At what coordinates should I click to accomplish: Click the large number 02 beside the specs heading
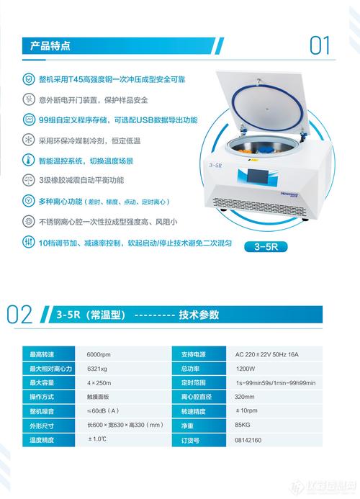tap(19, 315)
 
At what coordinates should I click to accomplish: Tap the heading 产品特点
tap(44, 46)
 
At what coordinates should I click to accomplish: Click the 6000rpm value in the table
tap(100, 354)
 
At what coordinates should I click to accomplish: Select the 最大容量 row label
tap(42, 382)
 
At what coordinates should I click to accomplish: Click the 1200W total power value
tap(246, 368)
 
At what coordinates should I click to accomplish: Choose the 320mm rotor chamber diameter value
tap(246, 396)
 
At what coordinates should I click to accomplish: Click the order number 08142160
tap(249, 438)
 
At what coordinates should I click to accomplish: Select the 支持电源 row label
tap(193, 354)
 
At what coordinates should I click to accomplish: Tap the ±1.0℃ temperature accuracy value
tap(98, 438)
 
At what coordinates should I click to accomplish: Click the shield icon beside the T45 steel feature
tap(28, 78)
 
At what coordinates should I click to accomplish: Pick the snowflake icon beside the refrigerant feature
tap(28, 140)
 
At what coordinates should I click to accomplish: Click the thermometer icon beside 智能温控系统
tap(28, 161)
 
